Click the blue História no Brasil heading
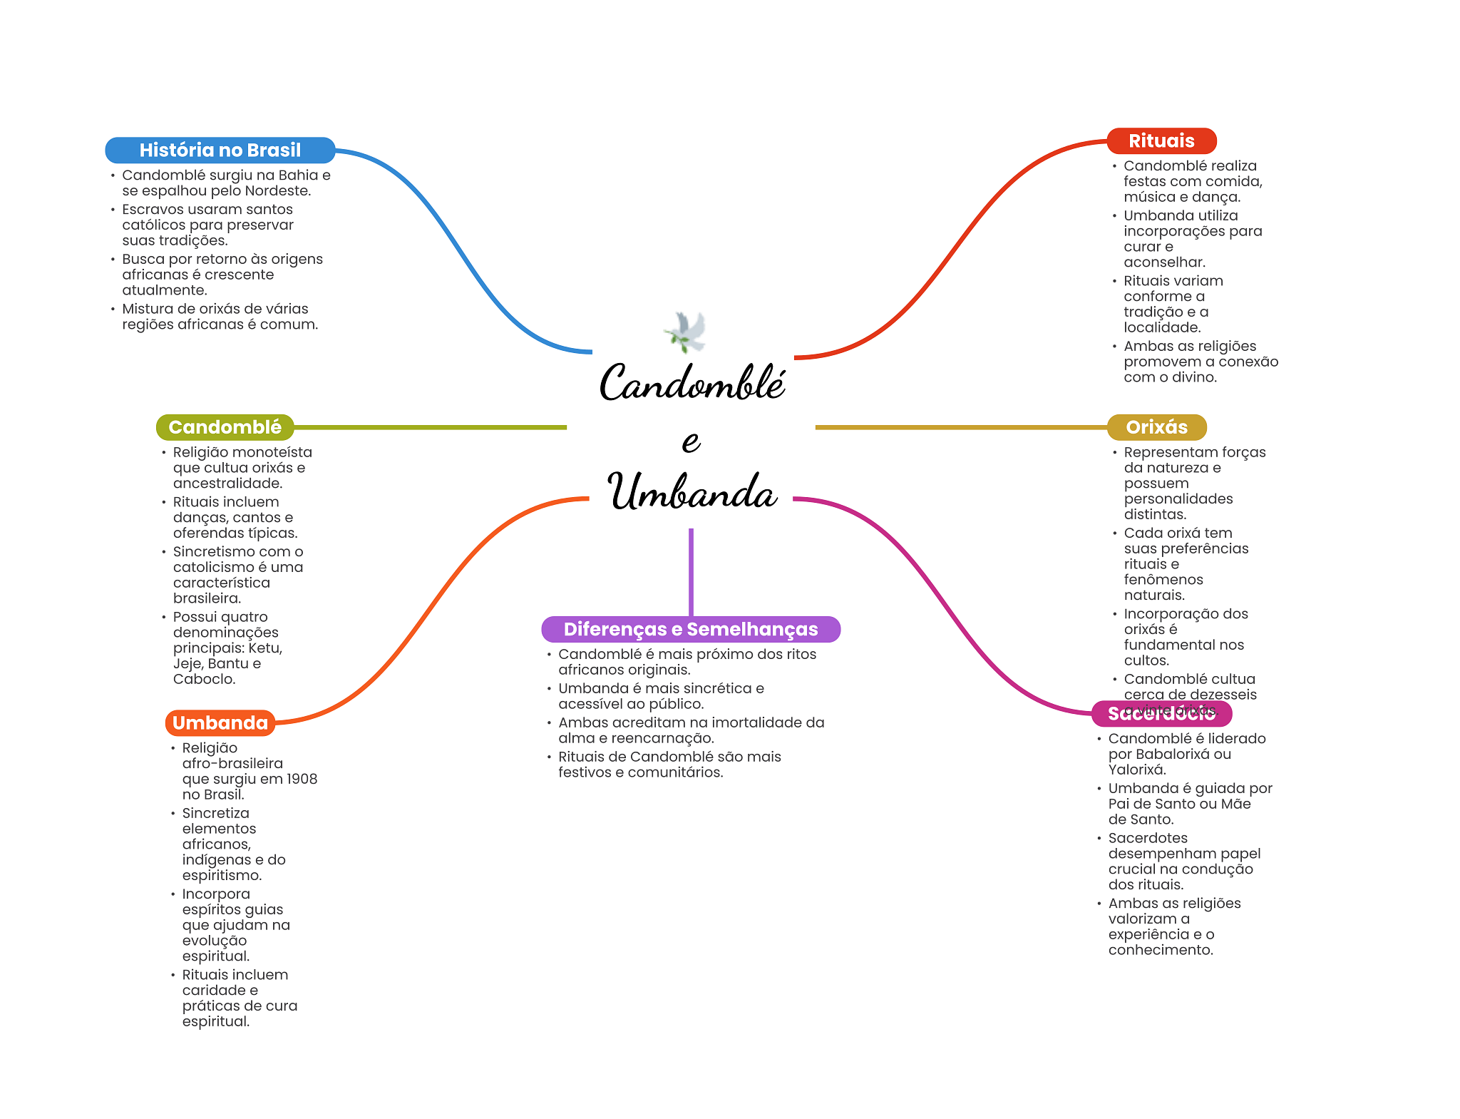(x=220, y=150)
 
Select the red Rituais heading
(x=1161, y=141)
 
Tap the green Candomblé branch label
(x=225, y=427)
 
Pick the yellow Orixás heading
(x=1156, y=427)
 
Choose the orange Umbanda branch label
(x=220, y=723)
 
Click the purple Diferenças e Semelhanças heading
(x=690, y=629)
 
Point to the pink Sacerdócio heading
(x=1161, y=714)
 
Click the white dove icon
(x=686, y=332)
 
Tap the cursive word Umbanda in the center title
(x=692, y=492)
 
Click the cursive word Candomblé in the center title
(x=692, y=383)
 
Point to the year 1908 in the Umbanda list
(x=302, y=779)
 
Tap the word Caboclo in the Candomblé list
(x=203, y=679)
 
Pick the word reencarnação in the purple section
(x=662, y=738)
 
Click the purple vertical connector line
(x=691, y=571)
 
